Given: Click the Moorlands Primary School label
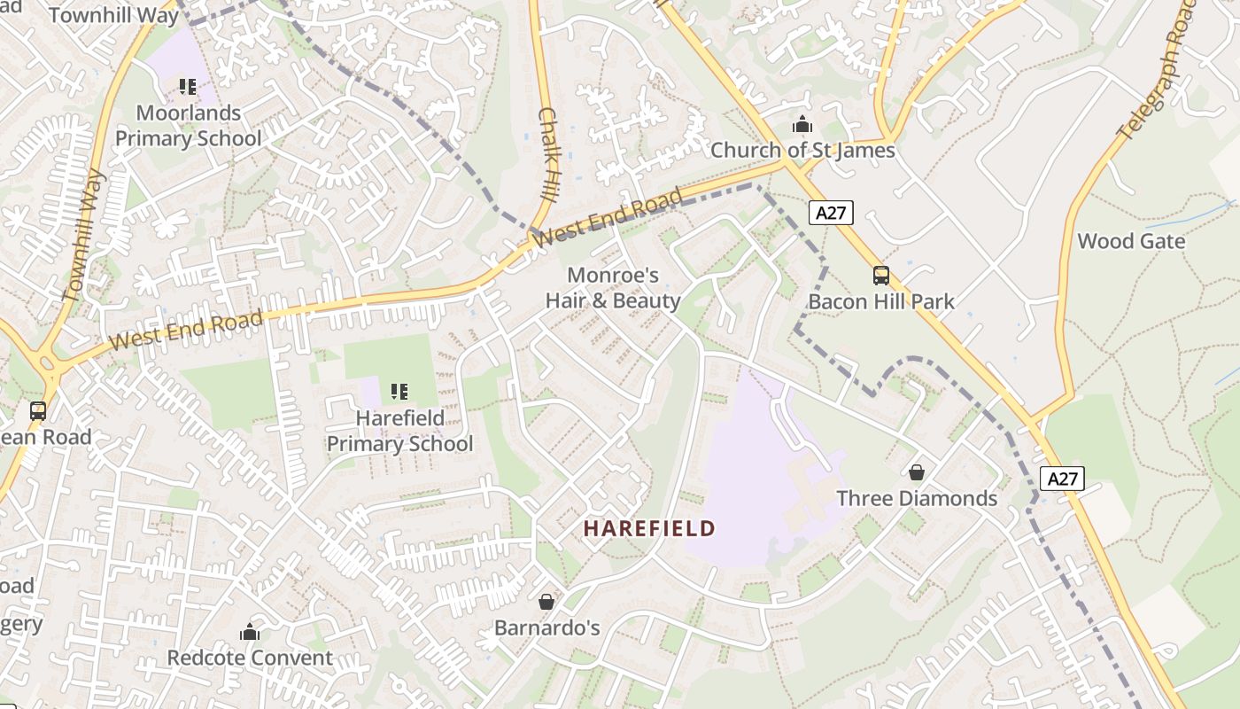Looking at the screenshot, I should click(189, 126).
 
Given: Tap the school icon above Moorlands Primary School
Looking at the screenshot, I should click(187, 87).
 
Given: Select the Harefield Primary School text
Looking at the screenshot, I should click(399, 431).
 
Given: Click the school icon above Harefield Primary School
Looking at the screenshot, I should click(399, 391).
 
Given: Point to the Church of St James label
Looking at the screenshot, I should click(802, 151).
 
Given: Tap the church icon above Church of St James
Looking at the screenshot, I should click(802, 124).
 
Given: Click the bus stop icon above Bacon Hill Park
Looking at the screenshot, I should click(880, 276).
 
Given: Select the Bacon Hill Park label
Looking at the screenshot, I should click(881, 301).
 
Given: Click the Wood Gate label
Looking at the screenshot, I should click(1131, 241).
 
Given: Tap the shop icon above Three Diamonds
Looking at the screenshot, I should click(917, 472).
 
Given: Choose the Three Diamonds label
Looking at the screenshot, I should click(917, 498).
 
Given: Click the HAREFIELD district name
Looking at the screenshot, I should click(649, 529).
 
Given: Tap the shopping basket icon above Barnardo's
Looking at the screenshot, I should click(546, 602).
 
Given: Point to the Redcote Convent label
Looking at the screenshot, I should click(250, 658).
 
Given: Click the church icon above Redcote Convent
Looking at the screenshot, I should click(250, 632).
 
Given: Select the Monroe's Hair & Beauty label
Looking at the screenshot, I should click(613, 288).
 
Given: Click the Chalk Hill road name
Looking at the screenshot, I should click(548, 155).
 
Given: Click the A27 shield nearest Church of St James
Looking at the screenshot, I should click(831, 213).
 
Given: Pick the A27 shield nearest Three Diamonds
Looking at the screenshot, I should click(1062, 479).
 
